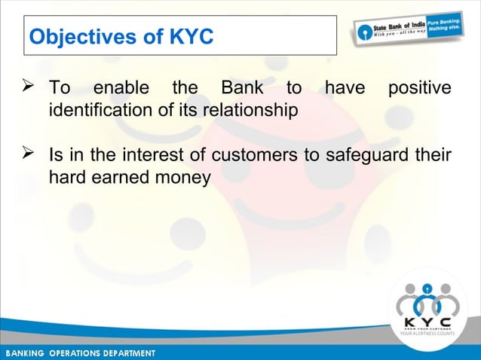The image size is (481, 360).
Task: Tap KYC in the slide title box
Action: coord(189,36)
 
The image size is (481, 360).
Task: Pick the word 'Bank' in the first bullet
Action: coord(238,90)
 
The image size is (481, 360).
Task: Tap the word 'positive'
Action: coord(419,90)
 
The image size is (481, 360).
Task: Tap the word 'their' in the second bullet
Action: coord(434,156)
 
